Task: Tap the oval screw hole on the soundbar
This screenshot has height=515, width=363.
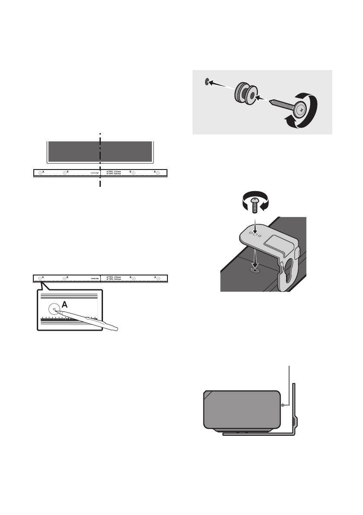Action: (254, 269)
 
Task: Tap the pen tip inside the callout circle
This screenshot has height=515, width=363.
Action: (54, 310)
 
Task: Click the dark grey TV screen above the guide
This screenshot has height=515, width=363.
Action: (100, 151)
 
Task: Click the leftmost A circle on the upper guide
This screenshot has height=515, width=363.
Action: (39, 173)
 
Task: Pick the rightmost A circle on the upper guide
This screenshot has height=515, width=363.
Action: (158, 173)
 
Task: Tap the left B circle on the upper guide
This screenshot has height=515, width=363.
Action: (65, 173)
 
